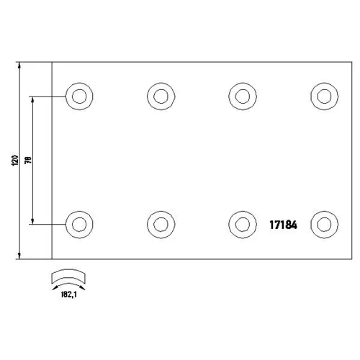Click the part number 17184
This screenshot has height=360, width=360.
click(x=283, y=225)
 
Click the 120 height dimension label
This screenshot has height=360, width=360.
click(x=15, y=161)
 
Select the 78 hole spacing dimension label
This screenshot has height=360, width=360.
click(x=28, y=160)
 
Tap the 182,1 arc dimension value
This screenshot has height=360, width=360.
click(x=69, y=294)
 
